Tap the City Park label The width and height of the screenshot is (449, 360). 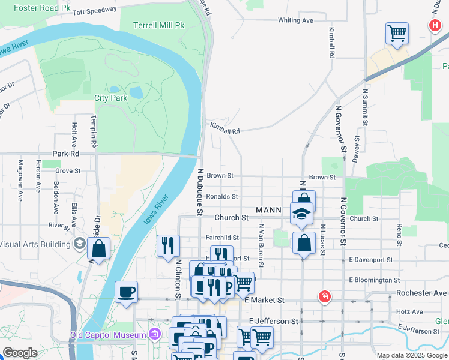click(111, 98)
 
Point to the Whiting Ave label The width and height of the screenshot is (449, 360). click(295, 20)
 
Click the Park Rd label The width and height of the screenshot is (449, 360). click(66, 154)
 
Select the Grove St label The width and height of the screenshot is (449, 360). click(68, 171)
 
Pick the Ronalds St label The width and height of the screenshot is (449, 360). click(222, 196)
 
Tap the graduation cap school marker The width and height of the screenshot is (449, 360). click(301, 213)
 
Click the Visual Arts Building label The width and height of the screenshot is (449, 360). click(34, 244)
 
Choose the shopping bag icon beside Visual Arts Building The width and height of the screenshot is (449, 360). click(98, 248)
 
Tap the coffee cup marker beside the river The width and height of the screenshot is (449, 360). click(126, 292)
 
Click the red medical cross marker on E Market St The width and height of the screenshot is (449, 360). click(324, 296)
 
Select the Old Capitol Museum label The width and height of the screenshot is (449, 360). click(108, 335)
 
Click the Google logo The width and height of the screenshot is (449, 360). click(20, 353)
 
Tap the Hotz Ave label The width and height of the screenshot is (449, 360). click(409, 312)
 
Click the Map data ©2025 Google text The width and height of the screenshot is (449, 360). click(411, 355)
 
